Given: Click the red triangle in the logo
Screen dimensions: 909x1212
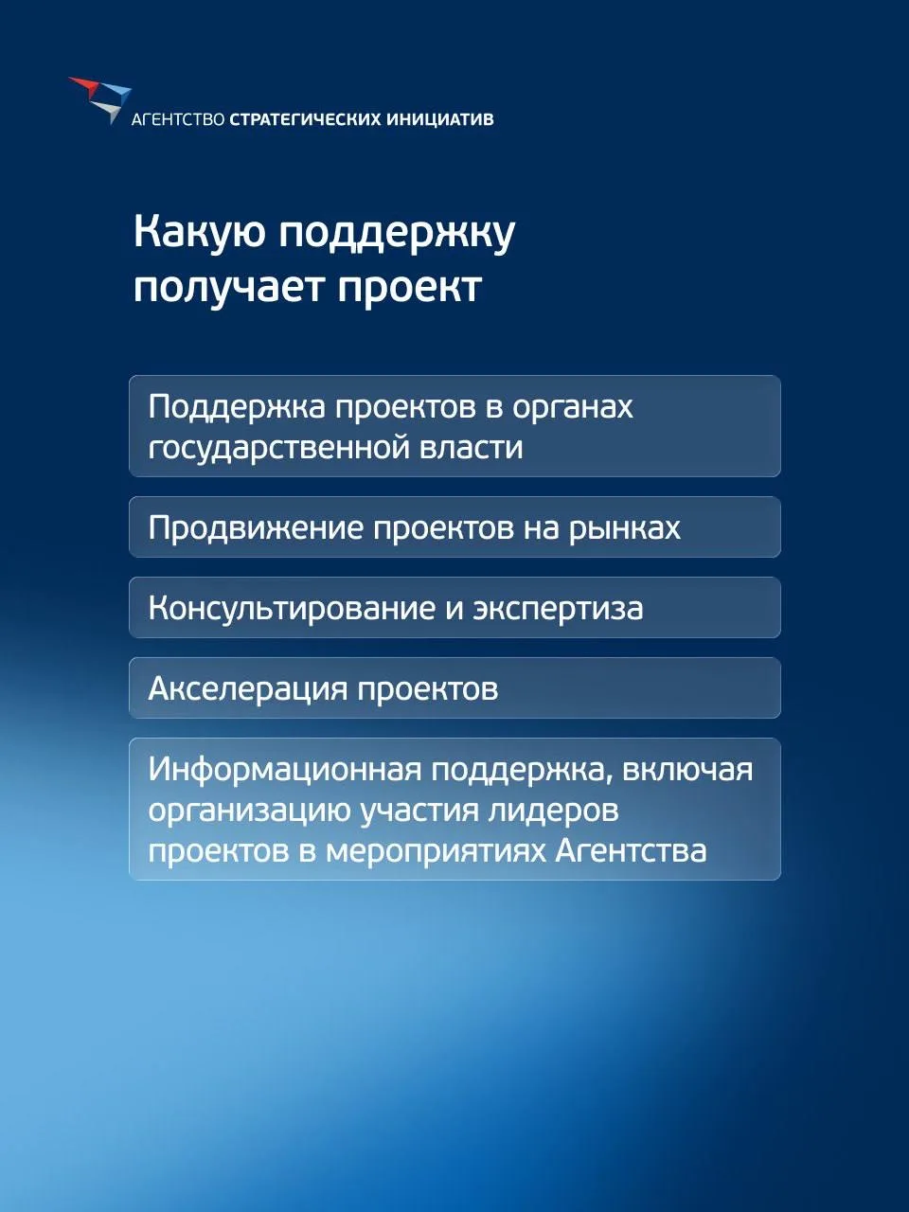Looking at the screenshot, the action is pyautogui.click(x=84, y=85).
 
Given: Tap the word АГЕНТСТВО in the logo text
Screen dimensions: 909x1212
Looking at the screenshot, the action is pyautogui.click(x=178, y=119).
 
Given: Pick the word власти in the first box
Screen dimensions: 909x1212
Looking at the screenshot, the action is pyautogui.click(x=471, y=447).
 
